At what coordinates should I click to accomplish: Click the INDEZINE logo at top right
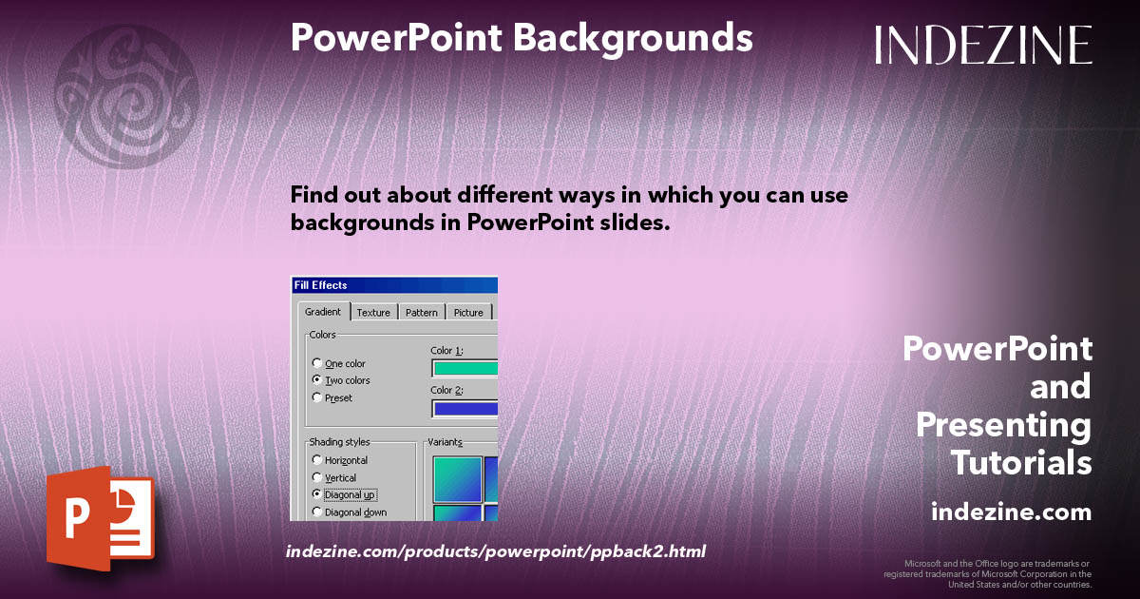[983, 45]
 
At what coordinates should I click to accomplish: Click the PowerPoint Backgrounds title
[522, 38]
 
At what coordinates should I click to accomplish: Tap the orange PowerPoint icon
[100, 518]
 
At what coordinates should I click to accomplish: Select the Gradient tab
[322, 312]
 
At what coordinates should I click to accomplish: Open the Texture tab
[373, 313]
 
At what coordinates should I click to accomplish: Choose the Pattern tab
[421, 313]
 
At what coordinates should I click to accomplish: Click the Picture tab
[468, 313]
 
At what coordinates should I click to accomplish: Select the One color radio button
[317, 364]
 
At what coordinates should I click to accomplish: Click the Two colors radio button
[317, 380]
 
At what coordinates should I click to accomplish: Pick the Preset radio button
[317, 398]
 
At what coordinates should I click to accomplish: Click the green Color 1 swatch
[465, 369]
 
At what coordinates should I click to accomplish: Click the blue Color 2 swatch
[465, 409]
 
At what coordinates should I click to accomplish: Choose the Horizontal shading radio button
[317, 460]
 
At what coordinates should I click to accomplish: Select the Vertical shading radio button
[317, 477]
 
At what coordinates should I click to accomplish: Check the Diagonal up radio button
[317, 494]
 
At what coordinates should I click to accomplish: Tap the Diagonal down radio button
[317, 512]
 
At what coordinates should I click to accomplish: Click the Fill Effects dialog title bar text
[321, 285]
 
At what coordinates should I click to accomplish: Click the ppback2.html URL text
[495, 551]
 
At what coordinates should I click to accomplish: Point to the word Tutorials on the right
[1021, 463]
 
